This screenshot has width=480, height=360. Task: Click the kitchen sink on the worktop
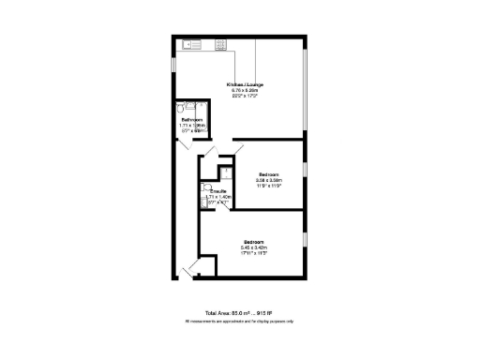coord(192,43)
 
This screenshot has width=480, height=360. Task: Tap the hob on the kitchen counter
coord(221,43)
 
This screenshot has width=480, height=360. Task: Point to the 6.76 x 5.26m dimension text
coord(245,91)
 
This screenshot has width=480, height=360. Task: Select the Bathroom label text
coord(192,120)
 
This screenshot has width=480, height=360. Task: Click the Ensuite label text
coord(218,190)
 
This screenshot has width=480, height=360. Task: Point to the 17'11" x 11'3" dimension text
coord(254,253)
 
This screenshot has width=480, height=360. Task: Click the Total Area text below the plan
coord(238,313)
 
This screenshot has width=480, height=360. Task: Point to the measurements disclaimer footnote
coord(239,321)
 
